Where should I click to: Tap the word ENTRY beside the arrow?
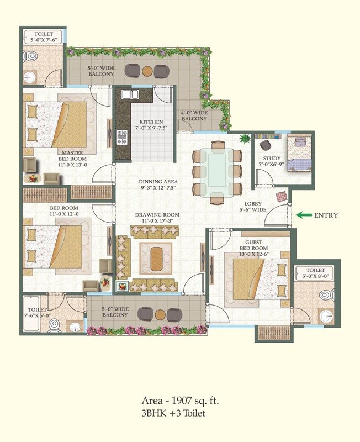326,215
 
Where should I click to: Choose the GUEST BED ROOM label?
254,245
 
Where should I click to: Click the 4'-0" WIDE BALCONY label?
194,115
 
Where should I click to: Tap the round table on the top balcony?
147,71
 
